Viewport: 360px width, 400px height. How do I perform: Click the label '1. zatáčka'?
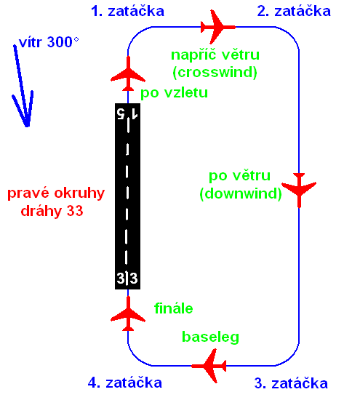[x=127, y=11]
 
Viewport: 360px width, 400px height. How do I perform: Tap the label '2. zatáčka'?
[x=294, y=11]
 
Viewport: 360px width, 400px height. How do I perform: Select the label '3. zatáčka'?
[x=291, y=383]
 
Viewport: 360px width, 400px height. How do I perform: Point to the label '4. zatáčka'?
[x=125, y=383]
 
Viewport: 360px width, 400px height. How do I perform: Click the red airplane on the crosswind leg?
[x=217, y=27]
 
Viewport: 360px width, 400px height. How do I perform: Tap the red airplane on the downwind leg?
[x=299, y=190]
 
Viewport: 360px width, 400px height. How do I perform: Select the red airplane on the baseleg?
[x=209, y=366]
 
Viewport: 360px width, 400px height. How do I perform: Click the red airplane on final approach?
[x=128, y=313]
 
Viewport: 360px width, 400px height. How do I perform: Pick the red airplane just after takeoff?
[x=128, y=74]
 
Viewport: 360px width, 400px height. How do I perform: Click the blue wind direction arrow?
[x=23, y=87]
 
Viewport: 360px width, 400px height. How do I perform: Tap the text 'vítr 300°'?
[x=49, y=42]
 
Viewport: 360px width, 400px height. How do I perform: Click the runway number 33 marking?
[x=127, y=278]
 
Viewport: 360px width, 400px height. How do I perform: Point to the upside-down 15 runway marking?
[x=127, y=113]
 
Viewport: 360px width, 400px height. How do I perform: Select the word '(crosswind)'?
[x=215, y=73]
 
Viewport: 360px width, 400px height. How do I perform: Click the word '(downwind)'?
[x=241, y=193]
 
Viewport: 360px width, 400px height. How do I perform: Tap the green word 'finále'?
[x=174, y=308]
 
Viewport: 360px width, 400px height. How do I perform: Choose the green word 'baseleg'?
[x=210, y=337]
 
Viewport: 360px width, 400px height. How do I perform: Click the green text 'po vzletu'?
[x=175, y=92]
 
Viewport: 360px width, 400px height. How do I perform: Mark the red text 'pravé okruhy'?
[x=56, y=193]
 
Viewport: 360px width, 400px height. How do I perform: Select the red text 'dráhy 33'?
[x=52, y=211]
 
